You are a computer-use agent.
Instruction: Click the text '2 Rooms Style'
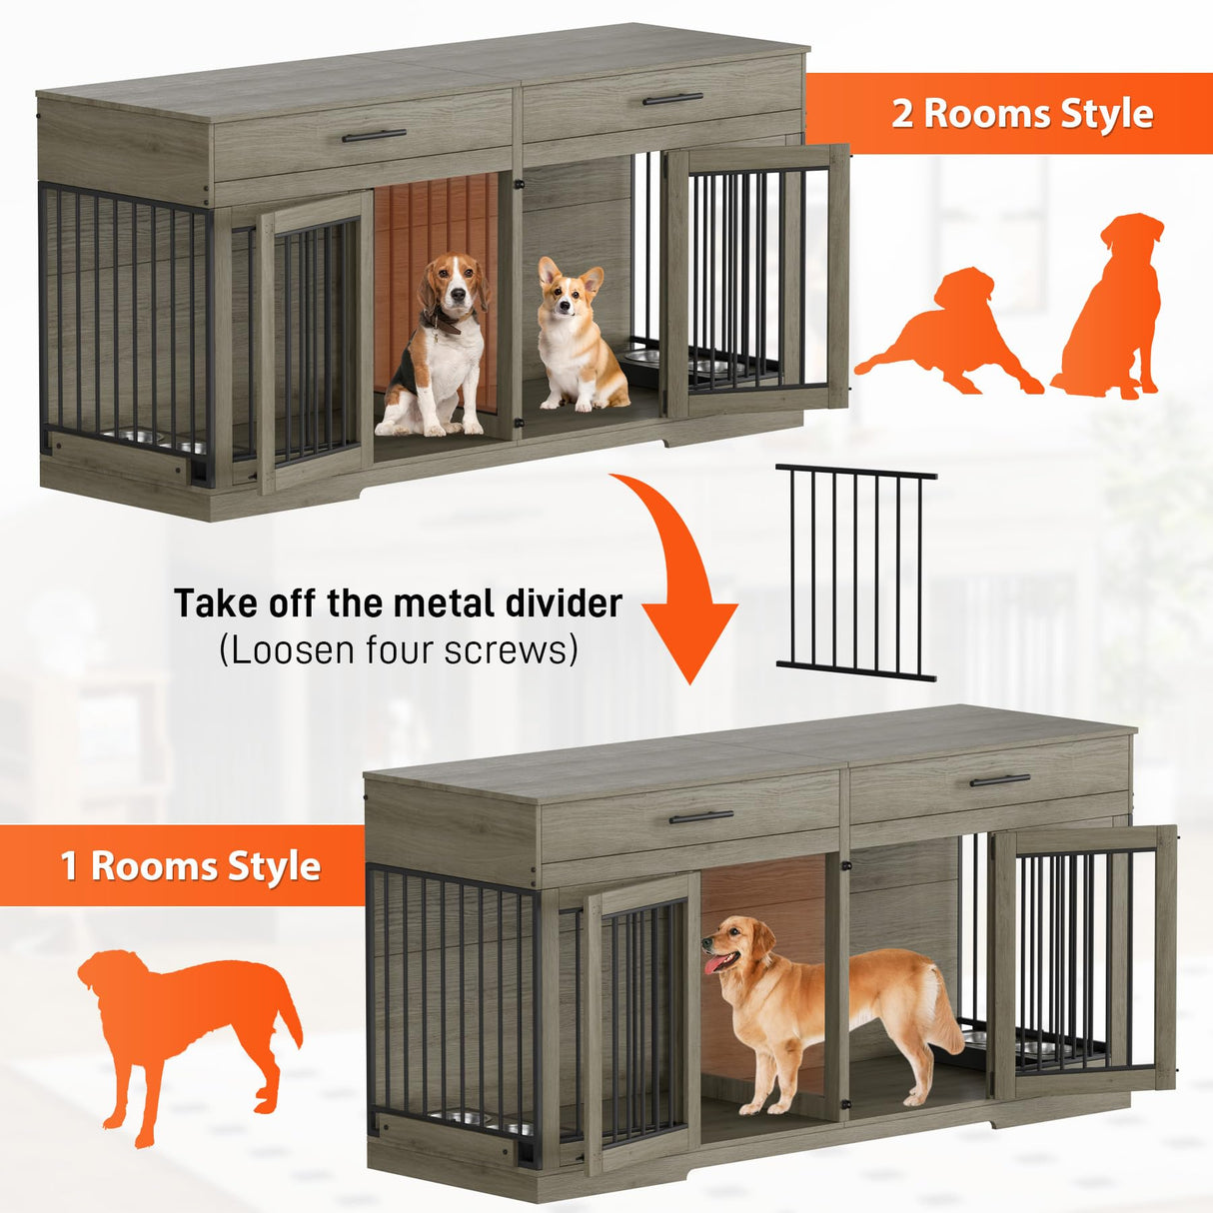click(x=1021, y=113)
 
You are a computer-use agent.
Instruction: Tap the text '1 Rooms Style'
click(x=190, y=865)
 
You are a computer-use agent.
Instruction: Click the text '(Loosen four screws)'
click(x=398, y=650)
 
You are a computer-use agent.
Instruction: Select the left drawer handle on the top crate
click(x=374, y=135)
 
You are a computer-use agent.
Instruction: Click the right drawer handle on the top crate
click(x=672, y=99)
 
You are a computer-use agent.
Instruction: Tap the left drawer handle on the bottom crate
click(x=700, y=817)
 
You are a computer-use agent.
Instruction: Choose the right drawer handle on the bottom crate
click(x=999, y=779)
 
